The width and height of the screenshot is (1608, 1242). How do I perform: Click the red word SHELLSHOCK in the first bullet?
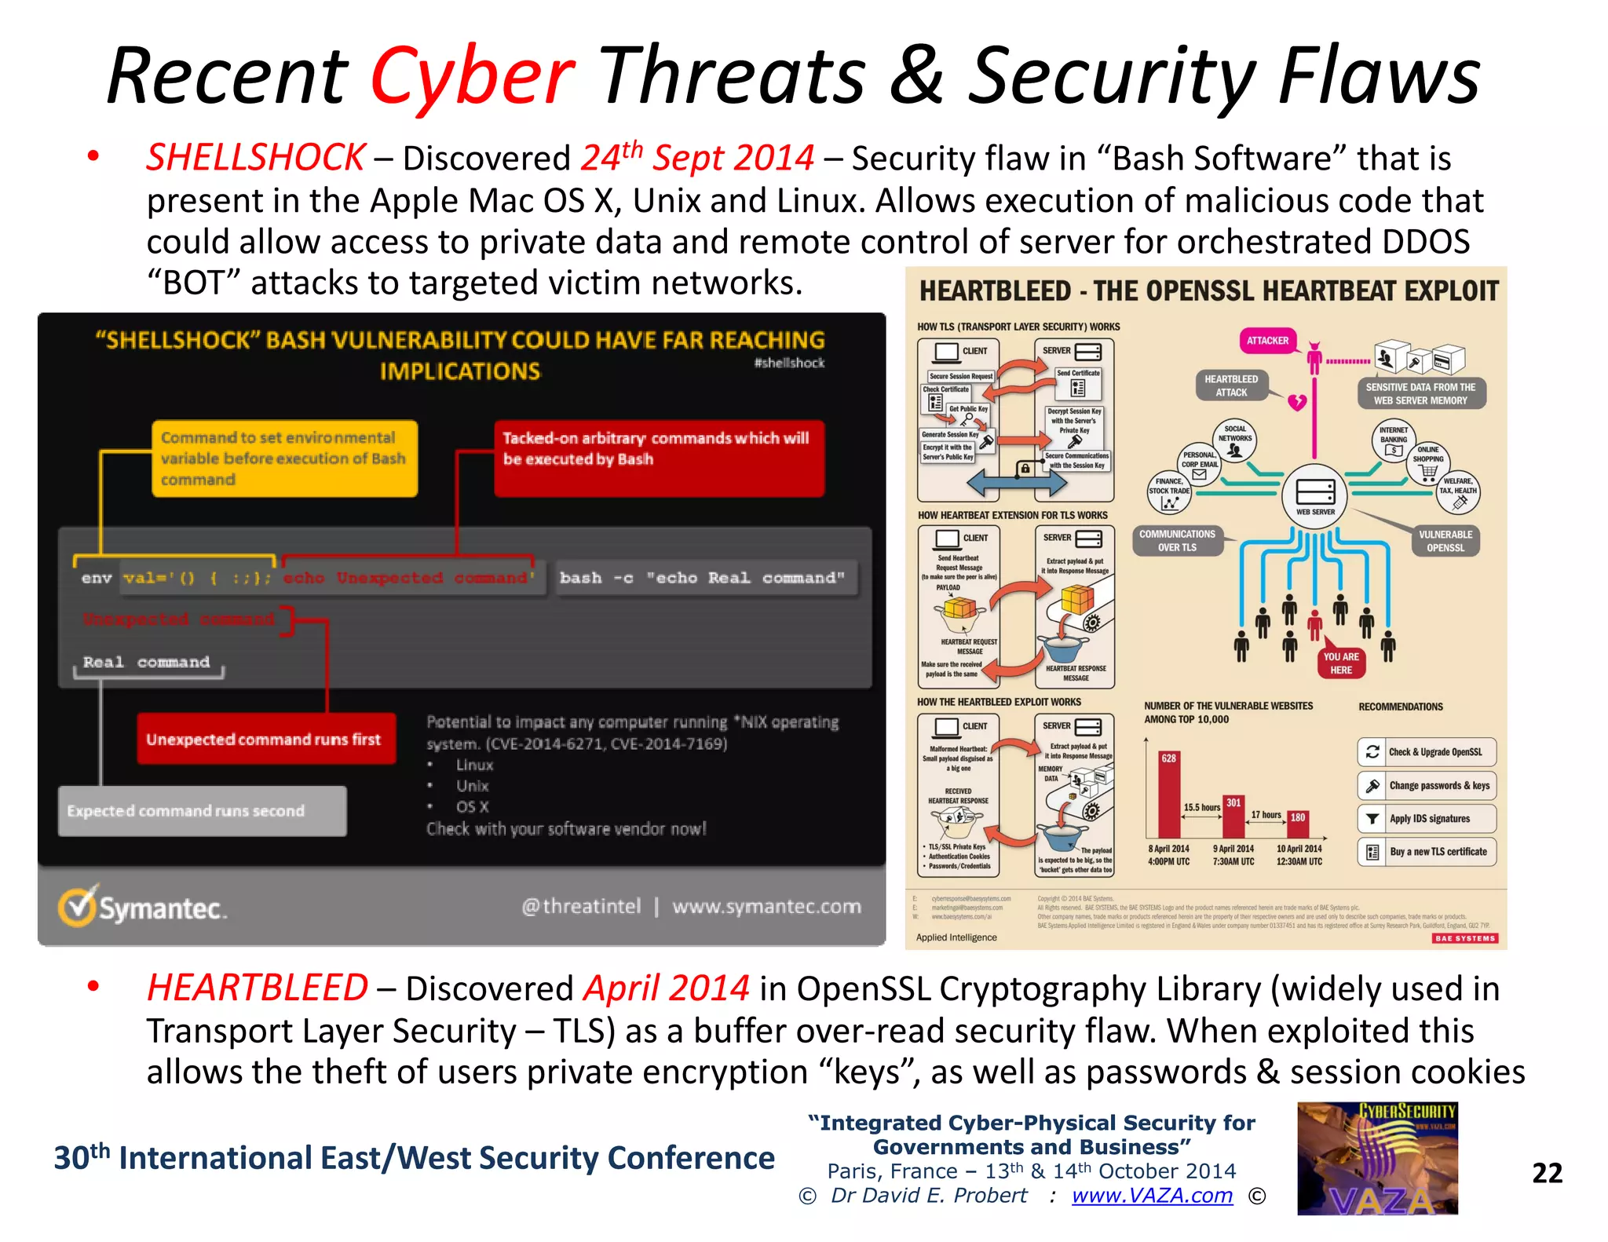tap(255, 158)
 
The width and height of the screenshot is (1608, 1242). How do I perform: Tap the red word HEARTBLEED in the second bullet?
tap(257, 988)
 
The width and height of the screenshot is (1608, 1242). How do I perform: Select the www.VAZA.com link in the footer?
tap(1152, 1196)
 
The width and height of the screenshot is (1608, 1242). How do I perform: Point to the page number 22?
tap(1547, 1173)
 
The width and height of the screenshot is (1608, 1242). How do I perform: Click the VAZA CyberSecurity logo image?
tap(1377, 1159)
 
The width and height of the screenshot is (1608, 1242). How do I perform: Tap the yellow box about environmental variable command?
tap(284, 458)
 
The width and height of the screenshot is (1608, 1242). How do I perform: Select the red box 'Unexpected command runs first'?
tap(265, 739)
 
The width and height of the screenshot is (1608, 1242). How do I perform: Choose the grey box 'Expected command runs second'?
tap(202, 811)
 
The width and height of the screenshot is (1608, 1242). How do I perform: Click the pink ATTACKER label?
tap(1267, 341)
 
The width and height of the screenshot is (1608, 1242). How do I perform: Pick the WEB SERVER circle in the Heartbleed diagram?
tap(1314, 495)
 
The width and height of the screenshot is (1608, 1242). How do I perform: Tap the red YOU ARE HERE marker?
tap(1340, 663)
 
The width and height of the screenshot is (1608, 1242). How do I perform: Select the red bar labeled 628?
tap(1168, 794)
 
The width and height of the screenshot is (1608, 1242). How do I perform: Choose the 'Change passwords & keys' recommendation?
tap(1427, 785)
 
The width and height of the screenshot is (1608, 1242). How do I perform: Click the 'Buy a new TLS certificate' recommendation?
tap(1427, 852)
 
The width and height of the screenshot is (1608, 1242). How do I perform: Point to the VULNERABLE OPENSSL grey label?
tap(1445, 541)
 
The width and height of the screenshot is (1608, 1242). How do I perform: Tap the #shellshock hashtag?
tap(788, 363)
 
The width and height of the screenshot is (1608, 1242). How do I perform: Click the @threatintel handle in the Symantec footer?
tap(581, 907)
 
